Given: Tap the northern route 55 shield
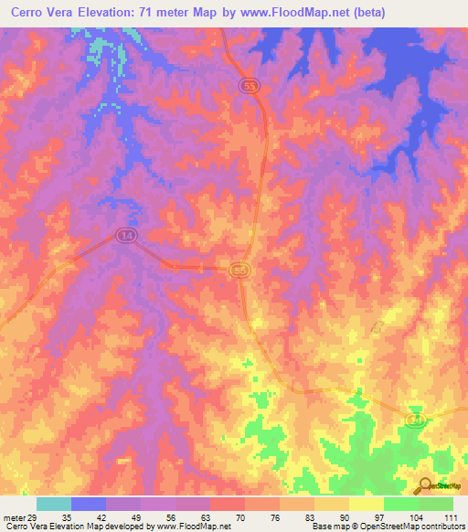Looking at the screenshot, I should point(250,85).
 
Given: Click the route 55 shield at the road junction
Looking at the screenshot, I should point(241,271).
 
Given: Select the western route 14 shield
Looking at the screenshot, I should point(125,236).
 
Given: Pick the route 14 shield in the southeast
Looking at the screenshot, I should point(415,418).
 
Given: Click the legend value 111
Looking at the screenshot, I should point(452,517).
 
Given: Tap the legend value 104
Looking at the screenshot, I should point(416,517).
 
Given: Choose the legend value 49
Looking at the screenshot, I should point(136,517).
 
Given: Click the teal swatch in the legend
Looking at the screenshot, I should point(54,504).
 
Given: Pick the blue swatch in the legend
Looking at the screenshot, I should point(89,504).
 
